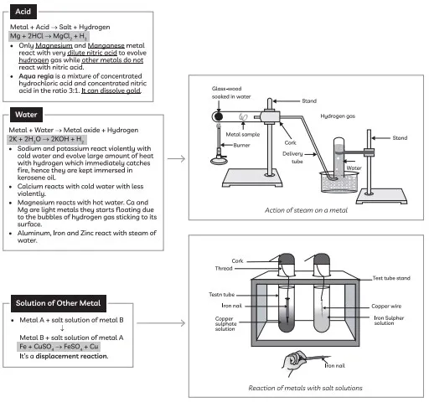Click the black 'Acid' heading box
(x=23, y=12)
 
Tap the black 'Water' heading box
(x=26, y=115)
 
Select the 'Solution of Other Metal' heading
(x=59, y=303)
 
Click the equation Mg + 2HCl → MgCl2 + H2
(x=49, y=36)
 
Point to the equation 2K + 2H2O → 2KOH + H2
(x=47, y=139)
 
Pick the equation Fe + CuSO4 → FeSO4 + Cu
(x=59, y=347)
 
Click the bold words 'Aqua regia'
(x=36, y=76)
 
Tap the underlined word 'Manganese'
(x=106, y=45)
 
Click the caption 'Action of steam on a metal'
(x=306, y=210)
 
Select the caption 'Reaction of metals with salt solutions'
(x=305, y=388)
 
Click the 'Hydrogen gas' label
(x=338, y=116)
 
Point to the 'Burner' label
(x=241, y=145)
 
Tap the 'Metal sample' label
(x=243, y=135)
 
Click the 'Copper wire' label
(x=386, y=307)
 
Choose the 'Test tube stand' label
(x=391, y=278)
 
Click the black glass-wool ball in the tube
(x=218, y=116)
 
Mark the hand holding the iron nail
(x=293, y=362)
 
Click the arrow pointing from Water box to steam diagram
(x=176, y=159)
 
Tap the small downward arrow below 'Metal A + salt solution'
(x=62, y=328)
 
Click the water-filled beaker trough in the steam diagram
(x=339, y=182)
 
